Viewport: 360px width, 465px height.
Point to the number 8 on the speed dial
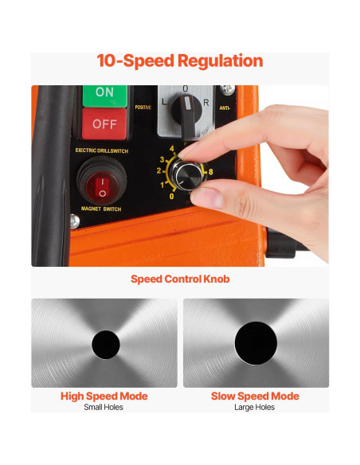210,171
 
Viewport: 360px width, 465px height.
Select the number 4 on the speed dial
172,148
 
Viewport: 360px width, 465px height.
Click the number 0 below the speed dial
172,196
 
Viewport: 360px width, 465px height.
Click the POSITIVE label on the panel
143,107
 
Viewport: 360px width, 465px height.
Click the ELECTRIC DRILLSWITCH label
101,150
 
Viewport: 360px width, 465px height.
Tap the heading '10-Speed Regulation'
180,61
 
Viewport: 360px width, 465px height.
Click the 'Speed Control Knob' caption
180,279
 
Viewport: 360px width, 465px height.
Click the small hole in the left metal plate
104,344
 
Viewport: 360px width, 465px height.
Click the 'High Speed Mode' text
104,396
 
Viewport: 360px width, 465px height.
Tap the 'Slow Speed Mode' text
255,396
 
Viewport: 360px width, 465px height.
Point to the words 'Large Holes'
255,408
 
